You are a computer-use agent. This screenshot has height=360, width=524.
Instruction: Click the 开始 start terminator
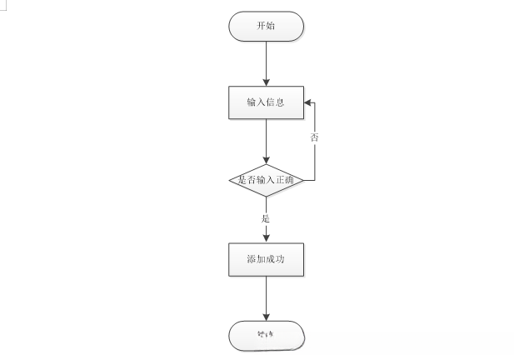266,26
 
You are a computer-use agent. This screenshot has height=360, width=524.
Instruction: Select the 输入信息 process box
266,102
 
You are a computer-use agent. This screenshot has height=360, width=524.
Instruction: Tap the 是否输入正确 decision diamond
266,179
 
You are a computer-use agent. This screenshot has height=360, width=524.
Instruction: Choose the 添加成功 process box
266,259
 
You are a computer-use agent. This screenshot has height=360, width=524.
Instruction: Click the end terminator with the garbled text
266,336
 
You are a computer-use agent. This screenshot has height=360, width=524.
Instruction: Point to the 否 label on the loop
314,137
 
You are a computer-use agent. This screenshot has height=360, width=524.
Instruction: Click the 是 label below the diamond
266,218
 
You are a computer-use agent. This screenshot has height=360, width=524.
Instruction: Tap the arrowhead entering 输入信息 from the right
307,102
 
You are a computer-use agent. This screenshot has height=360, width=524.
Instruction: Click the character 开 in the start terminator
260,26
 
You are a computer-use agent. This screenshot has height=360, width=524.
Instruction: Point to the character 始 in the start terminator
272,26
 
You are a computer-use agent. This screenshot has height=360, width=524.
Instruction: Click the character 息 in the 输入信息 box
281,102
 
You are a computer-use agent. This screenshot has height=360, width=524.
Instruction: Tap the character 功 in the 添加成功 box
282,259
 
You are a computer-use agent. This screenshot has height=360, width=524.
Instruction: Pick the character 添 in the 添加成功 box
251,259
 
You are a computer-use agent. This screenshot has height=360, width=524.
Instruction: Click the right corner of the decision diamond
303,179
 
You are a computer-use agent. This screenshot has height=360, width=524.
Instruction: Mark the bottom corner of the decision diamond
266,197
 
